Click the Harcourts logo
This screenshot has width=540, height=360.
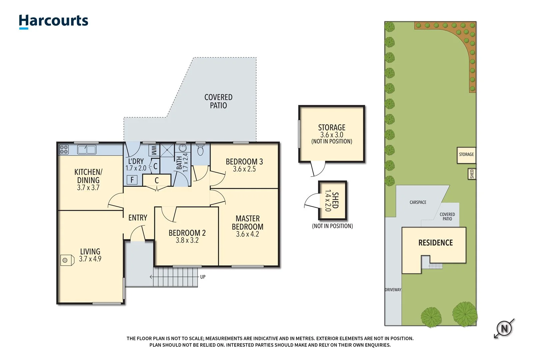[53, 21]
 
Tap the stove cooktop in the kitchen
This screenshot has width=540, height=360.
[64, 149]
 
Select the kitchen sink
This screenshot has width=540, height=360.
[87, 149]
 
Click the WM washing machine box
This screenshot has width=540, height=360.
[154, 150]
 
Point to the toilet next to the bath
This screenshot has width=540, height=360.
[200, 150]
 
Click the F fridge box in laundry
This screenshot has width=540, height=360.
[132, 180]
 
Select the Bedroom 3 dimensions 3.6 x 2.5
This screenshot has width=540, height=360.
[244, 169]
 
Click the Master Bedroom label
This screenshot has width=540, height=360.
[247, 222]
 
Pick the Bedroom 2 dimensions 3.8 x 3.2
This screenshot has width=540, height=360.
[187, 240]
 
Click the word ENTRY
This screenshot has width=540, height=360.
[138, 218]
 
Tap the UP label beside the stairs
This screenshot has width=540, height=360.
[203, 277]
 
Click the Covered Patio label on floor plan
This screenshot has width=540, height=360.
[218, 101]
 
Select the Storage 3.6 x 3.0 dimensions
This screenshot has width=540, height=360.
[332, 135]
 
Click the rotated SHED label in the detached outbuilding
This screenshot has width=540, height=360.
[335, 200]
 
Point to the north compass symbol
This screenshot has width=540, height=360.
[504, 329]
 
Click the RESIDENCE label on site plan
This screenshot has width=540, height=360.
[435, 243]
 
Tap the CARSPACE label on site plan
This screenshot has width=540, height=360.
[418, 202]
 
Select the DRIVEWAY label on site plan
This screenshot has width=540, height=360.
[393, 290]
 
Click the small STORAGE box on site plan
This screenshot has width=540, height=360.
[466, 155]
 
